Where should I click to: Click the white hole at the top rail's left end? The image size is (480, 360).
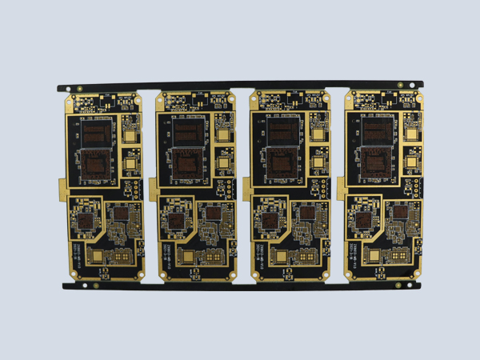point(68,87)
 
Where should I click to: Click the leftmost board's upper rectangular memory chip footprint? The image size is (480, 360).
point(98,130)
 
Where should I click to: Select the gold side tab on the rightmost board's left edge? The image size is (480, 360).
point(342,189)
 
